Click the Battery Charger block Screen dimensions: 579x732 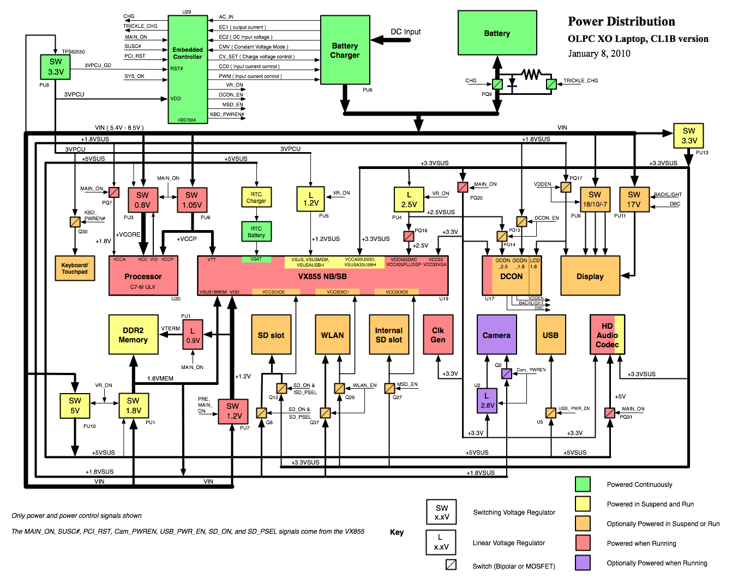click(x=345, y=50)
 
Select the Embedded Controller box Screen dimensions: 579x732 click(x=188, y=69)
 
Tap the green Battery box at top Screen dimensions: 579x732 click(x=497, y=33)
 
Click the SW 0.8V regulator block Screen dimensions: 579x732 click(x=142, y=200)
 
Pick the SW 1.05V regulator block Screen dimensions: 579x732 click(x=191, y=200)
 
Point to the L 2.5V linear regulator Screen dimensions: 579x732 click(x=409, y=200)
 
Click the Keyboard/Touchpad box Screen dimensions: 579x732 click(x=75, y=268)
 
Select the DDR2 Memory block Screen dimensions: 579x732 click(x=133, y=334)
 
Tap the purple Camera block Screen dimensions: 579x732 click(x=496, y=334)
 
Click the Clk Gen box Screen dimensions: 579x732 click(x=438, y=334)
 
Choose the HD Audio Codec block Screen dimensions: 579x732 click(x=607, y=334)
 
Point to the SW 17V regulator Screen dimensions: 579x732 click(x=634, y=200)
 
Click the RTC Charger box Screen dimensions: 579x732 click(x=256, y=197)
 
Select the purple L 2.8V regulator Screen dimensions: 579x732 click(x=487, y=401)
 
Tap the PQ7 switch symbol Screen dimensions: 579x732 click(x=114, y=192)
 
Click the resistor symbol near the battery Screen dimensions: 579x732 click(x=531, y=74)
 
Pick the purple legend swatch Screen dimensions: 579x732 click(x=583, y=563)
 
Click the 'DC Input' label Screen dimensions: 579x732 click(x=405, y=32)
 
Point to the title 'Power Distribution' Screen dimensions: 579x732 click(x=621, y=22)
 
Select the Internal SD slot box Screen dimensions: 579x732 click(x=388, y=334)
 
